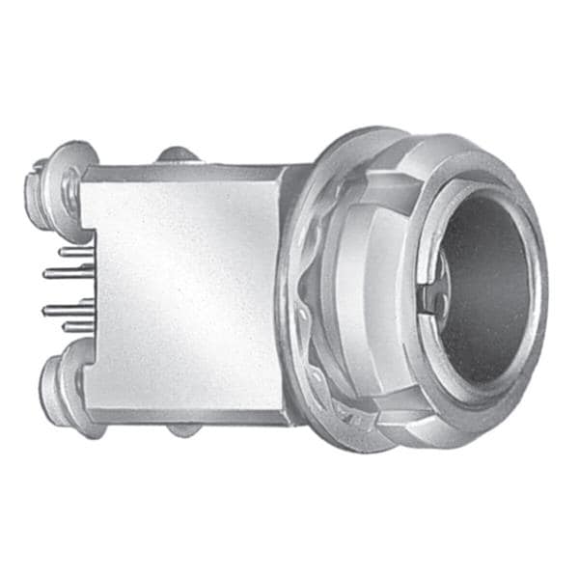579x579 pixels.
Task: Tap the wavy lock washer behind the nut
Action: (307, 318)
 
